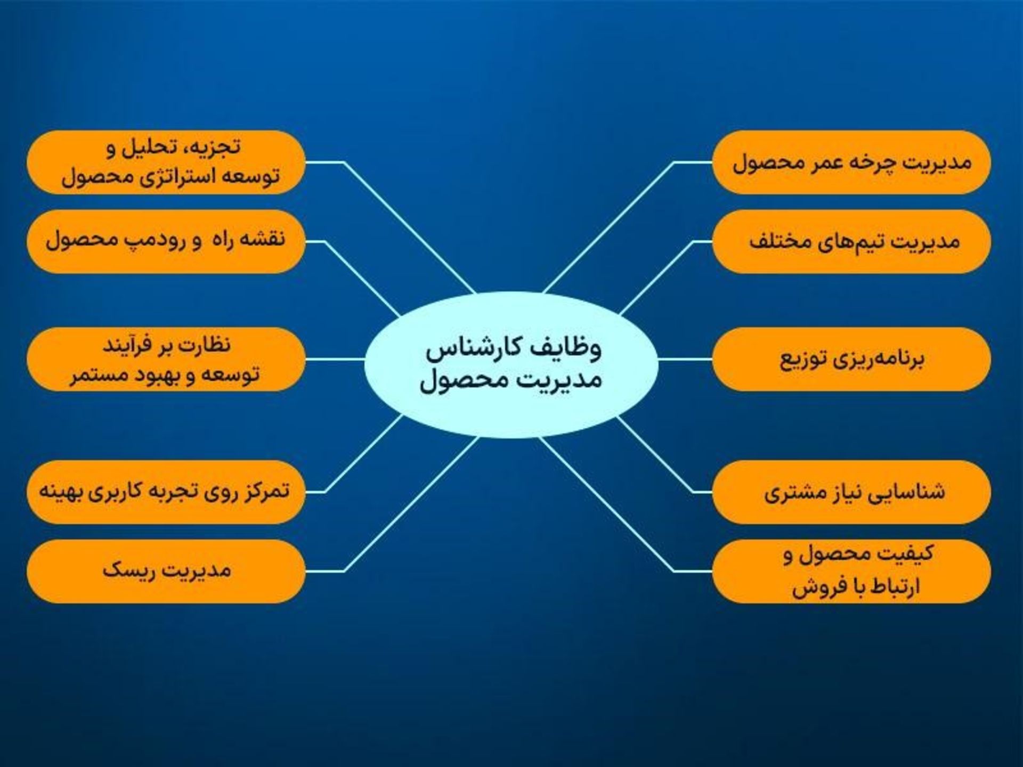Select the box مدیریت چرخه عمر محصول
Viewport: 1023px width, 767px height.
[x=851, y=162]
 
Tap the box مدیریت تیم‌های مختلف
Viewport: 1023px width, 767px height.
[x=851, y=241]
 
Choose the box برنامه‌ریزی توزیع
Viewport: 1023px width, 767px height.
[x=851, y=360]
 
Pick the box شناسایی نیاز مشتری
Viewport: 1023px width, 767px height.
[x=851, y=492]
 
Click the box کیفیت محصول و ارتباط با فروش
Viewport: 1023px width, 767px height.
[x=851, y=571]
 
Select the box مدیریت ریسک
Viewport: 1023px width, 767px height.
[x=166, y=571]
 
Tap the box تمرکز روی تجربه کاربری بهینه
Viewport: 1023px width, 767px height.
[x=166, y=492]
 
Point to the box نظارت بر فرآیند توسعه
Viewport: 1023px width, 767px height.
[x=166, y=360]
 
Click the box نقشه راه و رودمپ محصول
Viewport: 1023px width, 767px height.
[x=166, y=241]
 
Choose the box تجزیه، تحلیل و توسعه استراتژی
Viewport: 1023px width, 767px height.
[x=166, y=162]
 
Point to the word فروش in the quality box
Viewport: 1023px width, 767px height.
[x=812, y=588]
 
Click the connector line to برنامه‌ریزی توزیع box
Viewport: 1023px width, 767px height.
[x=685, y=360]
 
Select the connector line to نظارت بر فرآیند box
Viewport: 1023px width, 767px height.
[x=335, y=360]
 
